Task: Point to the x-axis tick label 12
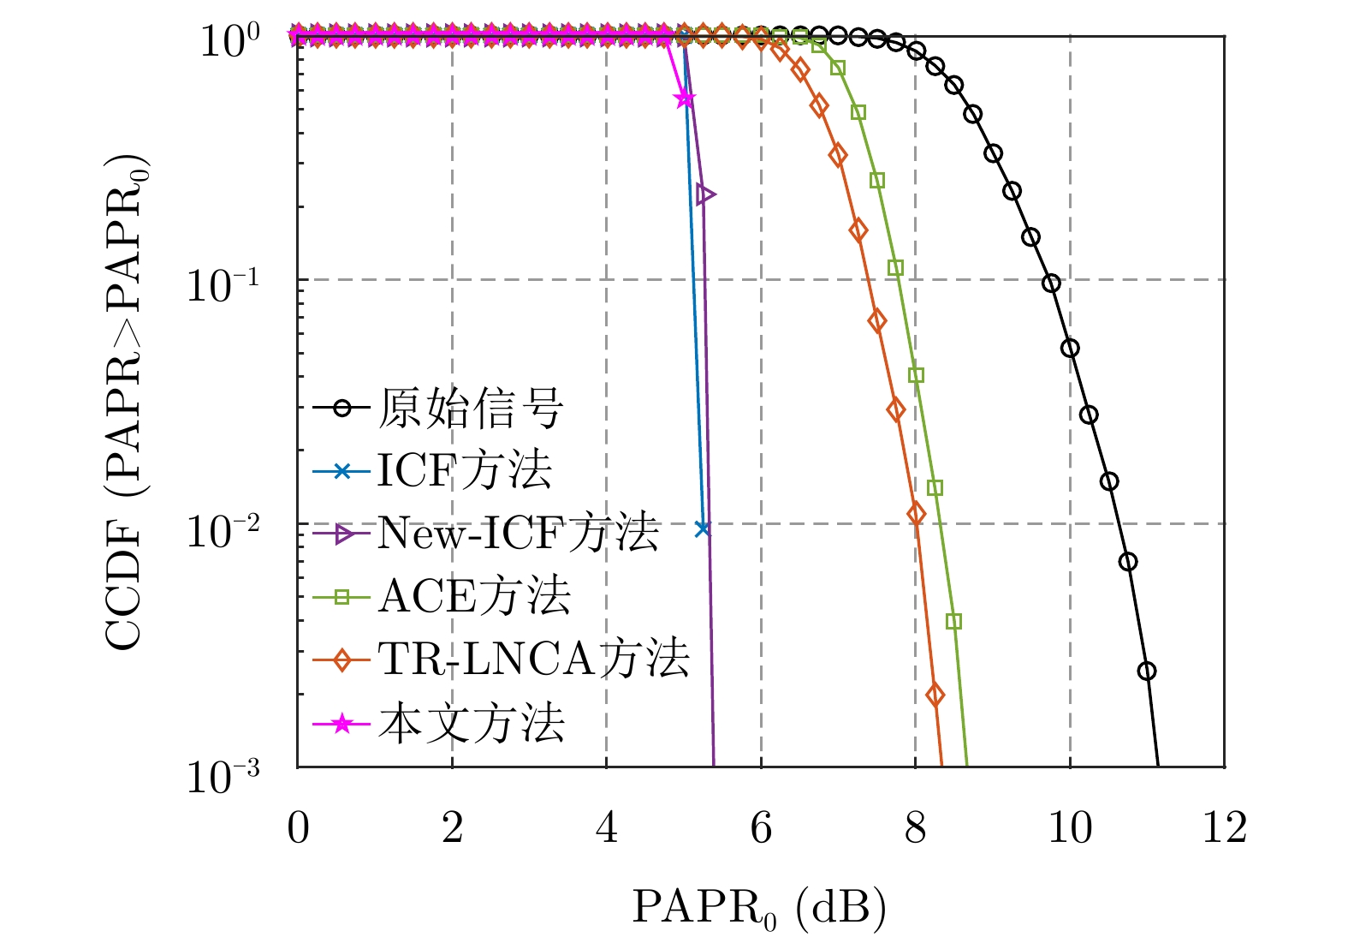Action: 1224,828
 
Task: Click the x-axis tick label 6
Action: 761,828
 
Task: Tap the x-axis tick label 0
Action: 298,828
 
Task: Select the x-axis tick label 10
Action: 1070,828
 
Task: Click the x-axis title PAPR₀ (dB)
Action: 759,909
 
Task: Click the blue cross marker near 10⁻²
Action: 703,528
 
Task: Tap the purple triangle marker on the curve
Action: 705,194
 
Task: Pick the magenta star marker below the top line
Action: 685,98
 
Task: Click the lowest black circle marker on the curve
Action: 1147,671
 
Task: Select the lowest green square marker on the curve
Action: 954,621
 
